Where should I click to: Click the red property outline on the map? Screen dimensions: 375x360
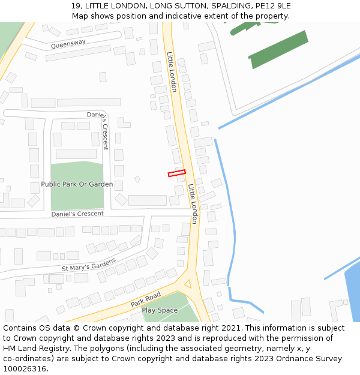pos(176,173)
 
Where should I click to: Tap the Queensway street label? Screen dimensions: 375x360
pos(68,44)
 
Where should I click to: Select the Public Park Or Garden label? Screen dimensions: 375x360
pos(77,184)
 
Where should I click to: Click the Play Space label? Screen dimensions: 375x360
pos(160,310)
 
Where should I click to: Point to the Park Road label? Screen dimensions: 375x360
pos(146,299)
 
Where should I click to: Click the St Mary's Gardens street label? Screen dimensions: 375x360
pos(88,264)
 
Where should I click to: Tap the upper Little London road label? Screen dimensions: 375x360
pos(172,71)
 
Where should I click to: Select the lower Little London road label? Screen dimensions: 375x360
pos(193,203)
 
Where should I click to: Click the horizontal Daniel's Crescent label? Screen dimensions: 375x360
pos(77,214)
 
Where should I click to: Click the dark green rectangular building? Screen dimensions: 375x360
pos(278,49)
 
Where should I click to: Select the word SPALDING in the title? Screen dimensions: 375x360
pos(232,5)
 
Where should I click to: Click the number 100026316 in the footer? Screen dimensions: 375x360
pos(25,368)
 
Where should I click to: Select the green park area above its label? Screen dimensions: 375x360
pos(77,170)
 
